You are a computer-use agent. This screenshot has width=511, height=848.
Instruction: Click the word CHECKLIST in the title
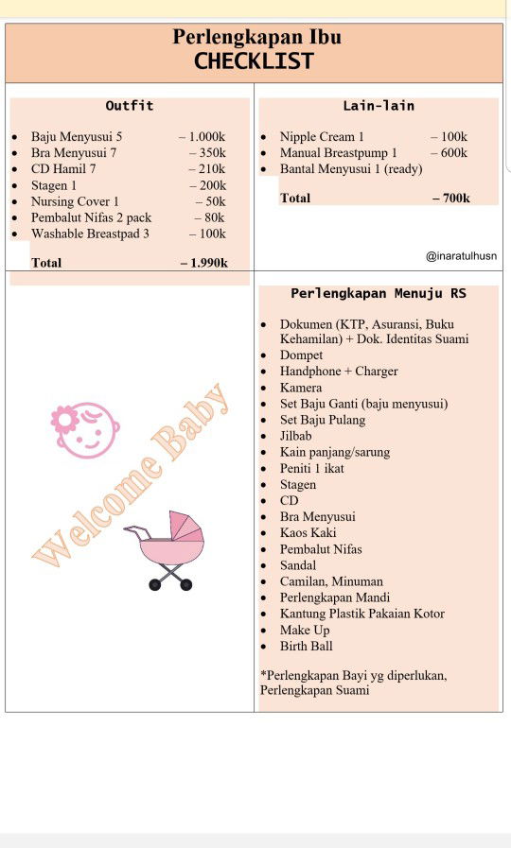pos(254,61)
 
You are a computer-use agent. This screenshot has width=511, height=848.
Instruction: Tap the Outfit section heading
pos(130,106)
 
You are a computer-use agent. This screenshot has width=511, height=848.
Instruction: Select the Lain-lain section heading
pos(379,106)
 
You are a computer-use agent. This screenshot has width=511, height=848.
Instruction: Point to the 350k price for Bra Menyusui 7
pos(209,152)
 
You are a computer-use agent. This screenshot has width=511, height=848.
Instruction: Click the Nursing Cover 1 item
pos(75,201)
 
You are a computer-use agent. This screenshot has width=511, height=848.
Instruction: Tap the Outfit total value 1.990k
pos(205,263)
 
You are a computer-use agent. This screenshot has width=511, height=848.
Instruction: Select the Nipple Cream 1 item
pos(322,136)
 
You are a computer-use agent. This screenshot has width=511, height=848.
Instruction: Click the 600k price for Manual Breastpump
pos(450,152)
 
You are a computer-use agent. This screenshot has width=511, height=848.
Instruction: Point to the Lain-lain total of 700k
pos(452,198)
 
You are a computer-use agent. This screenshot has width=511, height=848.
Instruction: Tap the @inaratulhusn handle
pos(461,255)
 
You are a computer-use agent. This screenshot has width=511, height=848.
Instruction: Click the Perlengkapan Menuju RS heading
pos(379,294)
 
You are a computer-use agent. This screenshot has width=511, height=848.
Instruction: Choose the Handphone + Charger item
pos(339,372)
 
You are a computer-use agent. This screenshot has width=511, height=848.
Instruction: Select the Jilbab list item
pos(295,436)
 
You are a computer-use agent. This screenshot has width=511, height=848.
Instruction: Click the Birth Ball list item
pos(306,646)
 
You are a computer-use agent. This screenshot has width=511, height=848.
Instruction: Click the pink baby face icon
pos(84,430)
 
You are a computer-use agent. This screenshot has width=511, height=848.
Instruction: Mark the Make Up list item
pos(305,630)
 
